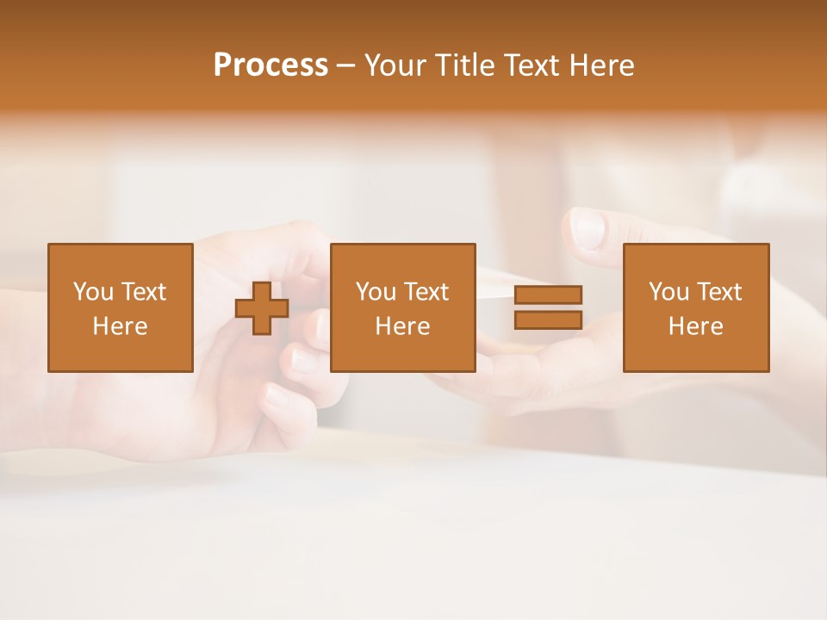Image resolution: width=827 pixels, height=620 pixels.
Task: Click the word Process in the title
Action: point(270,65)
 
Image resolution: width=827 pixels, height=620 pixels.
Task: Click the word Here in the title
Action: point(605,65)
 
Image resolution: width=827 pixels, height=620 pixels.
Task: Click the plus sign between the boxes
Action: point(262,307)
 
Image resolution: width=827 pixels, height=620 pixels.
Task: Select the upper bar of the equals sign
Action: point(548,294)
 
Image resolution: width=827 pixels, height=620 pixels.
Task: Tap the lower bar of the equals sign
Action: point(548,319)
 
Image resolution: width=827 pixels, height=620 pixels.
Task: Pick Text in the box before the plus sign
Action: point(143,292)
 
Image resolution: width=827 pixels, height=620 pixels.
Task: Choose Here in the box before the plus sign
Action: point(120,326)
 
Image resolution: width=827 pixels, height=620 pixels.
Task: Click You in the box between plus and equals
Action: point(376,292)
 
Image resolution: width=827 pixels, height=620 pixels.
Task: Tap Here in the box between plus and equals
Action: point(402,326)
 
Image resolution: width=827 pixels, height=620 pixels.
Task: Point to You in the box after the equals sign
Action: point(668,292)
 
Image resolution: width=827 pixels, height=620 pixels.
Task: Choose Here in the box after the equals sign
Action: point(695,326)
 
